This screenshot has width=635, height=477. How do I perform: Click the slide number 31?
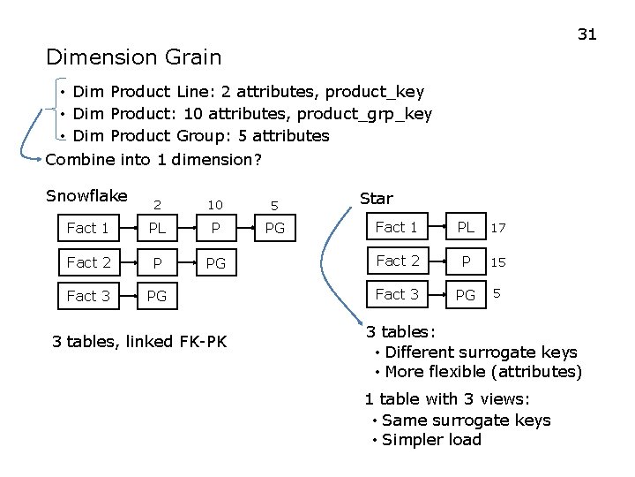click(x=586, y=34)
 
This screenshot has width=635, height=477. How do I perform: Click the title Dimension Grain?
click(x=134, y=58)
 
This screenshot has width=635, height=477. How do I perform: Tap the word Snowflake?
click(x=86, y=195)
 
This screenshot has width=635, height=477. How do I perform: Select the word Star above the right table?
click(x=377, y=199)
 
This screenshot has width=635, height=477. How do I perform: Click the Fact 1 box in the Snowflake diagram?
click(x=88, y=228)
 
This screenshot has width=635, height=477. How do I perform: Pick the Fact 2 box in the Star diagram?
click(x=398, y=261)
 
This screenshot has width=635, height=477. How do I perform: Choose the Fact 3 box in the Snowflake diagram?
click(x=88, y=296)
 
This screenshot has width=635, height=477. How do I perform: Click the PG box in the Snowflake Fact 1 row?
click(x=275, y=228)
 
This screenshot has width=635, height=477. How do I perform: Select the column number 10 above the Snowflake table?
click(x=215, y=205)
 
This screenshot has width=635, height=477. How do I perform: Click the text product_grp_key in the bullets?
click(x=364, y=114)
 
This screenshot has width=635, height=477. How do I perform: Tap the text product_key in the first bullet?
click(x=381, y=92)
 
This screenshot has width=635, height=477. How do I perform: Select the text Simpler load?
click(x=432, y=440)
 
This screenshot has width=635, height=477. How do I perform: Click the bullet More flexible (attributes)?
click(x=483, y=371)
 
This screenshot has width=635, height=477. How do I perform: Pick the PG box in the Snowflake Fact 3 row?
click(x=157, y=296)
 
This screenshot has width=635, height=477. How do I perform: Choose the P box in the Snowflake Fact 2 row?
click(x=157, y=262)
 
